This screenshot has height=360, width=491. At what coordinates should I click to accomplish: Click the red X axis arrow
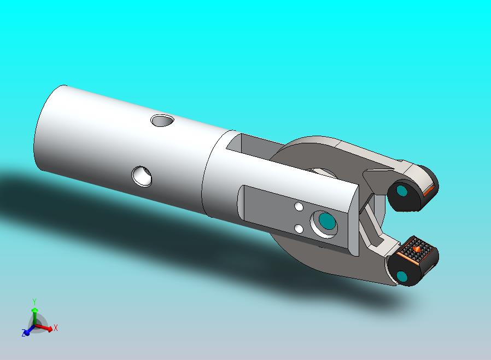click(47, 329)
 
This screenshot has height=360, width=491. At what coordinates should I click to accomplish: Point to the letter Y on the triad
click(34, 302)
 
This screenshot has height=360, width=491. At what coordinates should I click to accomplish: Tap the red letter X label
click(56, 328)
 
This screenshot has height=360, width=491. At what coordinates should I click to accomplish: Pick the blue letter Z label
click(24, 333)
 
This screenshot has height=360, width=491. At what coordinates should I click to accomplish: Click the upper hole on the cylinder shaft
click(161, 120)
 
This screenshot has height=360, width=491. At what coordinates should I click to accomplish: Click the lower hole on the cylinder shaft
click(142, 176)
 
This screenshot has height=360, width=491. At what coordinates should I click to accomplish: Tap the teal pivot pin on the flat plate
click(326, 221)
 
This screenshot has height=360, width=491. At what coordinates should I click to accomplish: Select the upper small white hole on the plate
click(299, 207)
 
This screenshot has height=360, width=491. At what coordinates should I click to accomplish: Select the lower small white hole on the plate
click(299, 229)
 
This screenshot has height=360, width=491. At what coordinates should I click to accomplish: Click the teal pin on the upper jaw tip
click(402, 191)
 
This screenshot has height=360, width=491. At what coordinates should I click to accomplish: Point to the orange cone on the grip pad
click(417, 249)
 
